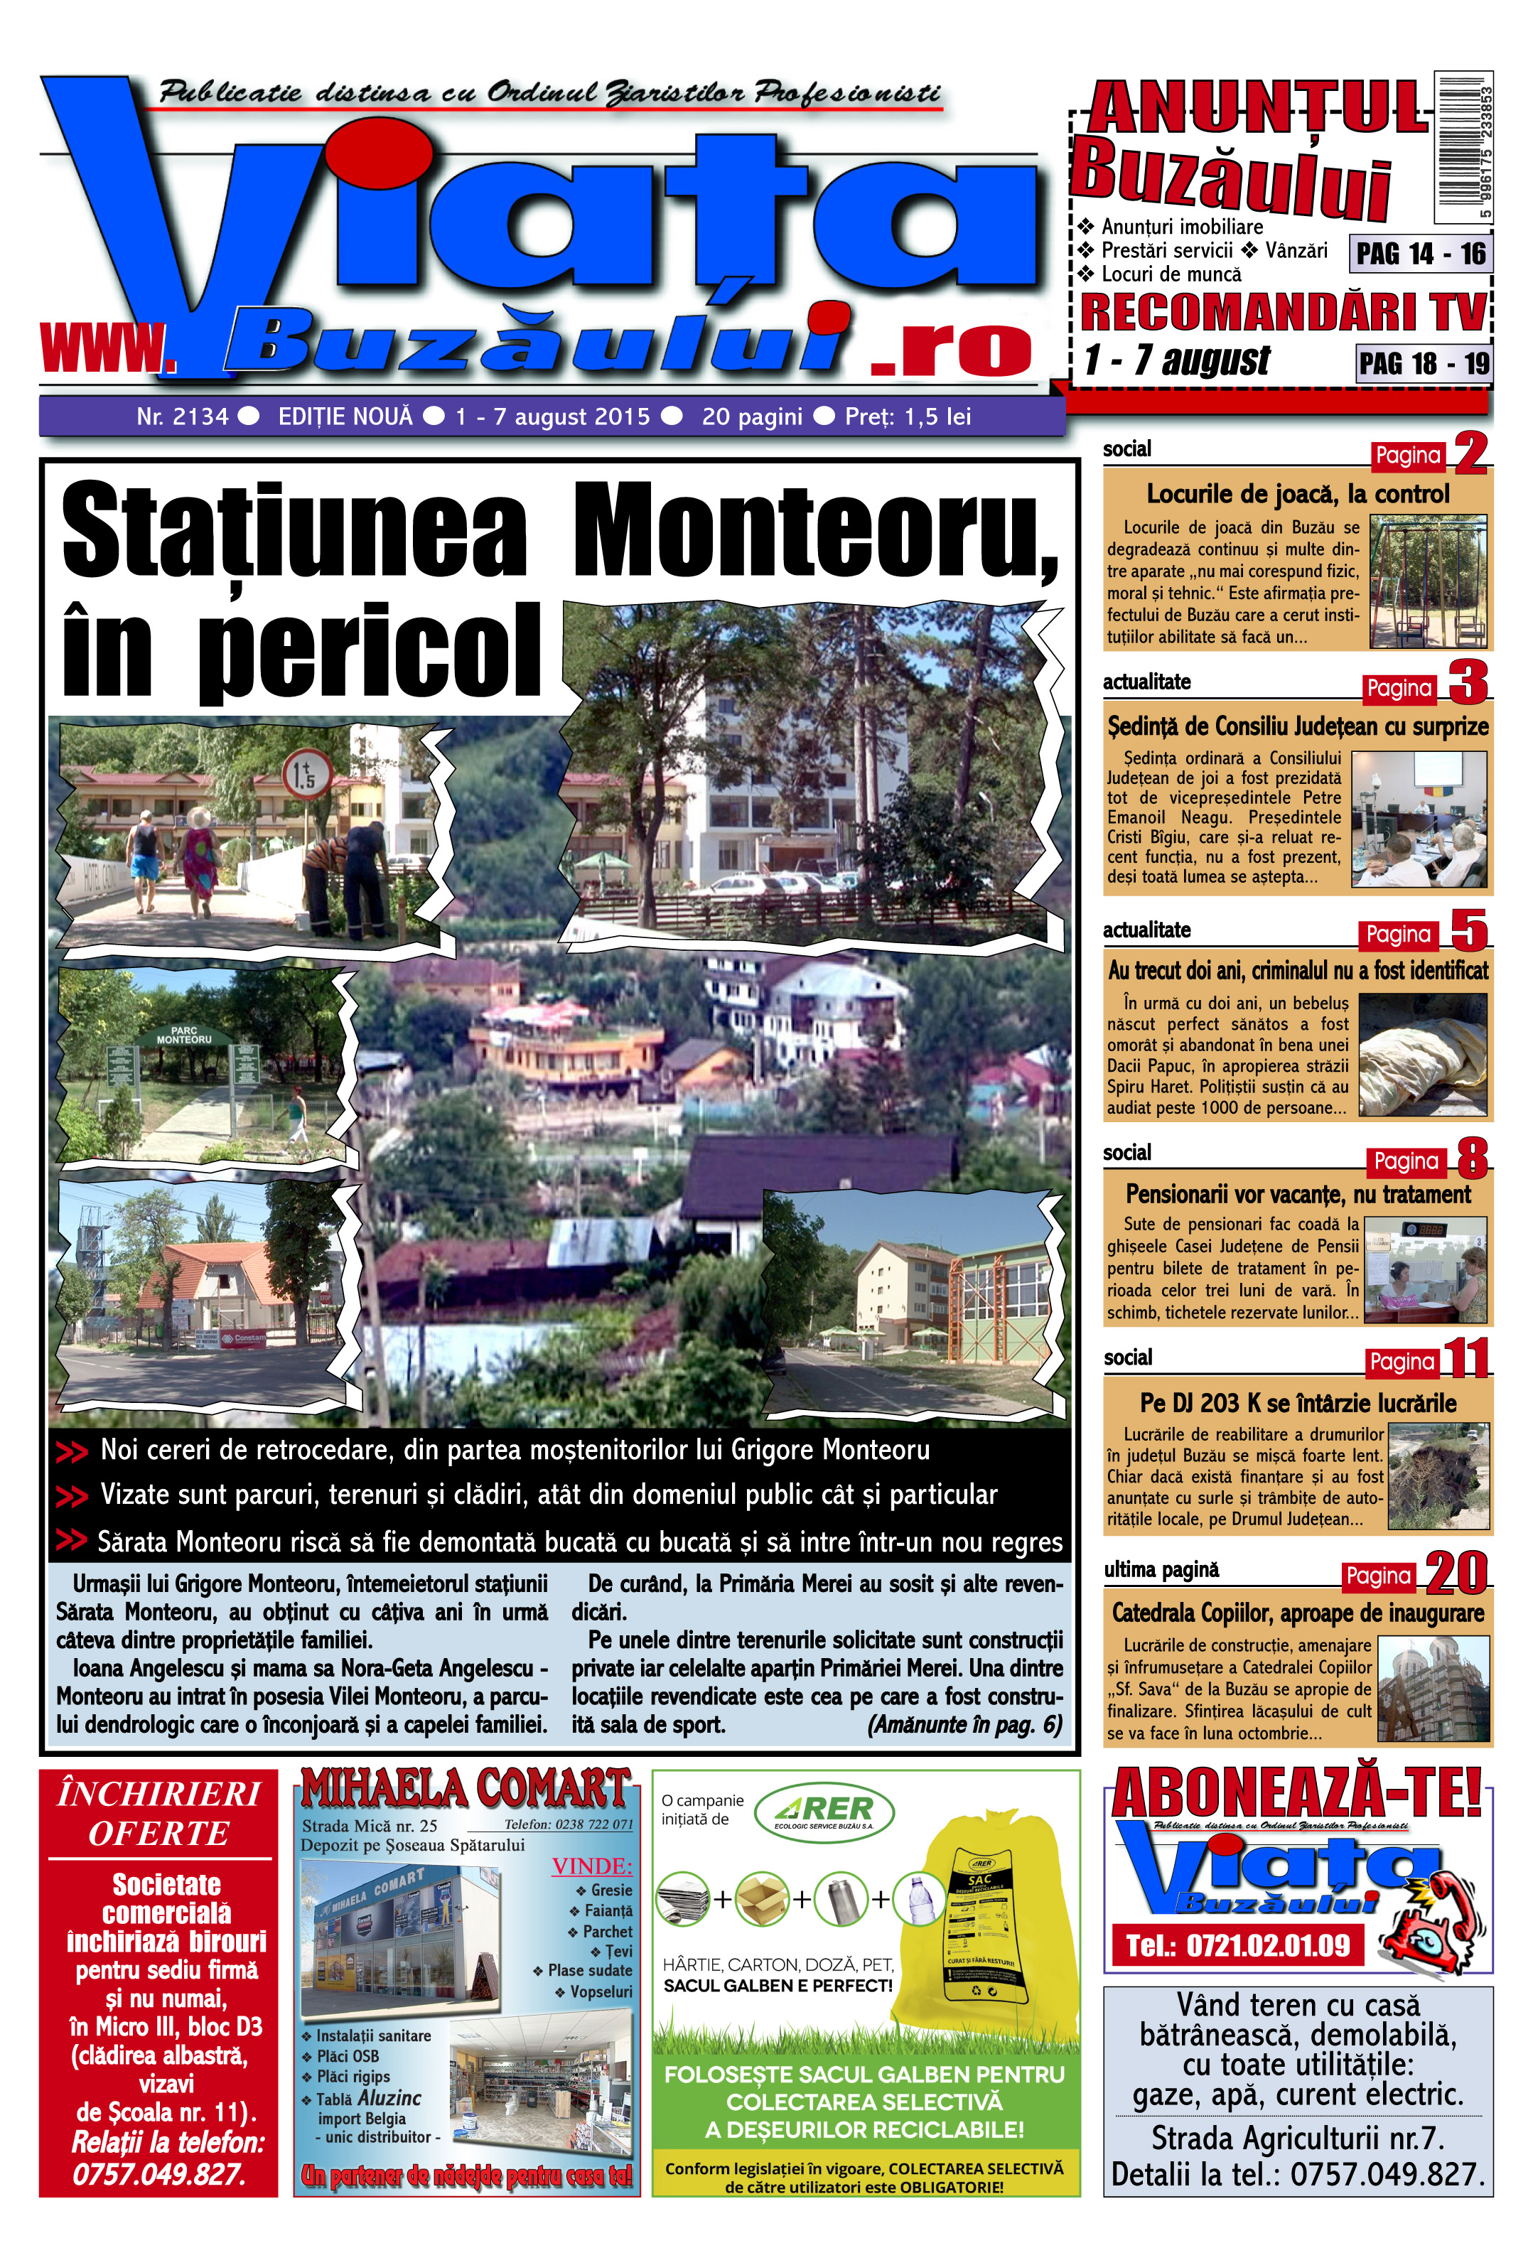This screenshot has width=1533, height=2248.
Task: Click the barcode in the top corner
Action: click(x=1463, y=147)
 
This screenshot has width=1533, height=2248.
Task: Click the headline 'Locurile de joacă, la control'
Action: click(x=1297, y=494)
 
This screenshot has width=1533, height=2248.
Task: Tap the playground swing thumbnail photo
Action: click(x=1428, y=581)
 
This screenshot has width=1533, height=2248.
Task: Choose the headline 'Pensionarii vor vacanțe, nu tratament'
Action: click(x=1298, y=1195)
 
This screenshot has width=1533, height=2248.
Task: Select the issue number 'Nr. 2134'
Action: click(x=182, y=417)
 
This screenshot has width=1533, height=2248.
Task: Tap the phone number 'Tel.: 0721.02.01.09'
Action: click(x=1237, y=1945)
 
